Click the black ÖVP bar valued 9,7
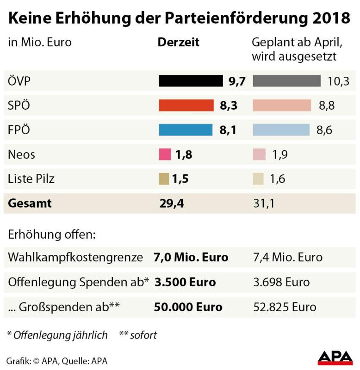[191, 81]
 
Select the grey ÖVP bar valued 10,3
[286, 81]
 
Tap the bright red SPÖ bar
[186, 105]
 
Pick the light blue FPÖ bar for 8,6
[281, 130]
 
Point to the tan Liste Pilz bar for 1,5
[164, 179]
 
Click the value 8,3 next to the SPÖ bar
[229, 105]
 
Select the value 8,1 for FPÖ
[228, 130]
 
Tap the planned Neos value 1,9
[280, 154]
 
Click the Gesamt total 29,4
[171, 203]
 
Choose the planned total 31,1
[263, 203]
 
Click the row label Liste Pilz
[31, 179]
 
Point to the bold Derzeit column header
[179, 42]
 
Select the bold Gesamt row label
[30, 203]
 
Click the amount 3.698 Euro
[281, 282]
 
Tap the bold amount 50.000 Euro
[188, 307]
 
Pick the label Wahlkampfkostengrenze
[75, 257]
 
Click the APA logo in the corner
[335, 358]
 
